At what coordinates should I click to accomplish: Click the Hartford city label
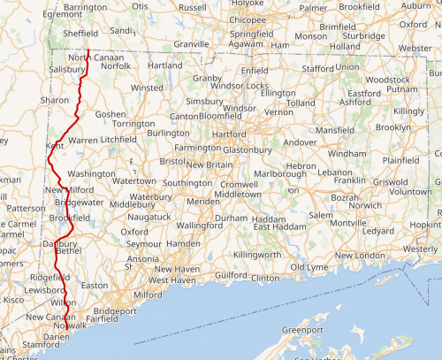(228, 134)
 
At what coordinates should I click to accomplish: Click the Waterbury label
(150, 196)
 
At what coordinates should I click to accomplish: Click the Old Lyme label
(309, 266)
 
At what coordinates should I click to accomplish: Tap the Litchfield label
(118, 140)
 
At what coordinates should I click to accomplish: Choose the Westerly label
(420, 249)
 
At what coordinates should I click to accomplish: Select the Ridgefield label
(50, 277)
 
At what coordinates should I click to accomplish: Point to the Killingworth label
(256, 255)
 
